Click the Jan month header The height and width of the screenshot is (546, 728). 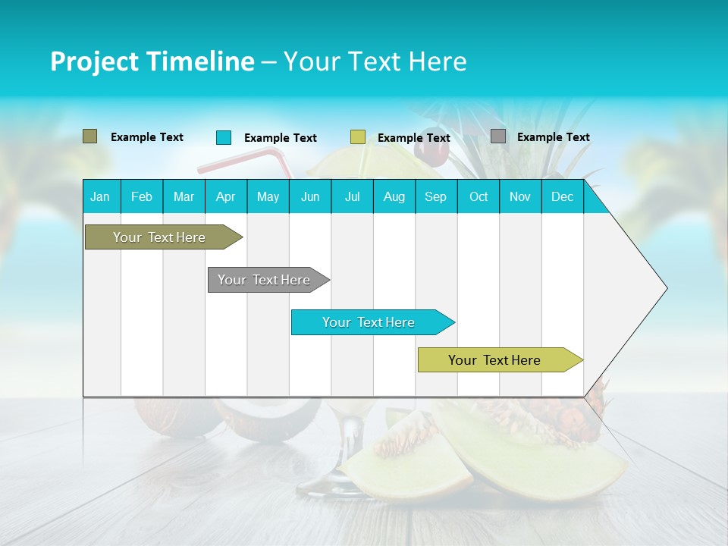point(100,197)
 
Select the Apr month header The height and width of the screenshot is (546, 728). point(225,197)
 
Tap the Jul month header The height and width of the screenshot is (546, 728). point(352,197)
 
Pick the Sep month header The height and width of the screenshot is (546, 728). point(435,197)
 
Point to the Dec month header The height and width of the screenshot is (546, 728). point(562,197)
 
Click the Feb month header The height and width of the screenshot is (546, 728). point(142,197)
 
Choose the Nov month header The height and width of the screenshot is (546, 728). point(520,197)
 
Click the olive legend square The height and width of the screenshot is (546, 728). point(89,136)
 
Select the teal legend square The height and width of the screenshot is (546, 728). point(223,137)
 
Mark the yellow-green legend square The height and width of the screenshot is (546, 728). point(358,137)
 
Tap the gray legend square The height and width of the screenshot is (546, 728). point(498,136)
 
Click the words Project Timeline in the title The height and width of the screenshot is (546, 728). point(152,61)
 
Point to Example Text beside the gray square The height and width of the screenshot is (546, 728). point(554,137)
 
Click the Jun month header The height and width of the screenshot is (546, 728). point(310,197)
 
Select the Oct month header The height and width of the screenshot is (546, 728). point(479,197)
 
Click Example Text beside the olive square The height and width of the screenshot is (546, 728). point(147,137)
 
